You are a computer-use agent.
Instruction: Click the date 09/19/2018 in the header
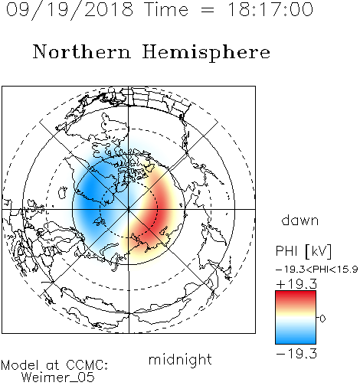(x=70, y=9)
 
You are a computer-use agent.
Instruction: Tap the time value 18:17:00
(x=270, y=9)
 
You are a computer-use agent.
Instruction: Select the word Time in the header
(x=166, y=9)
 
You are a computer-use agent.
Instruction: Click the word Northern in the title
(x=82, y=51)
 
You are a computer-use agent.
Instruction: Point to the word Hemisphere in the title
(x=206, y=53)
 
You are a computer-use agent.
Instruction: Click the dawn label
(x=299, y=220)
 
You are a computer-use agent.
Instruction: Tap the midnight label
(x=180, y=359)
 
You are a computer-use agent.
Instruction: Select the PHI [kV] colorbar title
(x=303, y=251)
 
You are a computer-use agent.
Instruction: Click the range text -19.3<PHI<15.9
(x=316, y=270)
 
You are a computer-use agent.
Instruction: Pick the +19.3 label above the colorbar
(x=296, y=284)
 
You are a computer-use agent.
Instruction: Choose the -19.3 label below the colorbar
(x=296, y=354)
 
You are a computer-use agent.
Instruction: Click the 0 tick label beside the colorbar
(x=322, y=319)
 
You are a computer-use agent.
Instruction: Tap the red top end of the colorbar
(x=296, y=293)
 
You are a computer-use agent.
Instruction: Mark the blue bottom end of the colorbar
(x=296, y=342)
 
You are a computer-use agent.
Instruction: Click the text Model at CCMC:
(x=54, y=365)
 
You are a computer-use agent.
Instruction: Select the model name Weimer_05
(x=58, y=378)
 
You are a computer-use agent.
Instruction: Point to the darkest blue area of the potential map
(x=90, y=194)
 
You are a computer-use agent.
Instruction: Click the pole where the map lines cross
(x=129, y=210)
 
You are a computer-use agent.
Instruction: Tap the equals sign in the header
(x=208, y=11)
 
